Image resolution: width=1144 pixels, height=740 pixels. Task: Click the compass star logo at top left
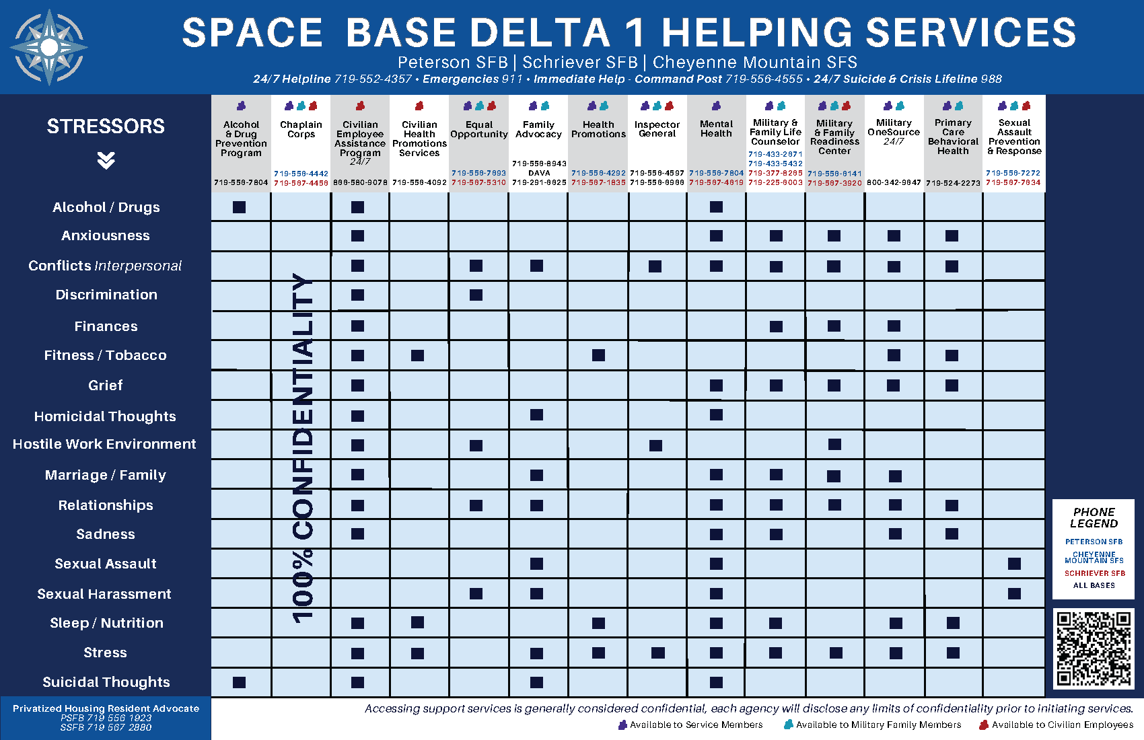tap(48, 47)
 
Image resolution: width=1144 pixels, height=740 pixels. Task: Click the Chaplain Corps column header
tap(301, 129)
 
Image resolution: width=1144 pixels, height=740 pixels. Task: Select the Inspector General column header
tap(657, 129)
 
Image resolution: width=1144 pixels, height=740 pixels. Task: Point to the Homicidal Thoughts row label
tap(105, 416)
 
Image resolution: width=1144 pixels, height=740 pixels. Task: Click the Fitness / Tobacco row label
tap(105, 355)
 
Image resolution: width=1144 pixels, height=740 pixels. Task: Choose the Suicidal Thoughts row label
tap(106, 682)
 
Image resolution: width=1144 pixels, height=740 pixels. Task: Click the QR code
tap(1094, 649)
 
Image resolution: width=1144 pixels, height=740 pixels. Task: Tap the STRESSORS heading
tap(106, 126)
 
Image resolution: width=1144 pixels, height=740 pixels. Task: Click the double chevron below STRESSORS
tap(106, 160)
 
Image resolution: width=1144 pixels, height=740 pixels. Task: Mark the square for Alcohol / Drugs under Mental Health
tap(716, 207)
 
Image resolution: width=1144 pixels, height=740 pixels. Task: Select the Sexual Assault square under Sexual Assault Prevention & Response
tap(1014, 564)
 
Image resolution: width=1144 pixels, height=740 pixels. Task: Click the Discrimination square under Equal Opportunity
tap(476, 295)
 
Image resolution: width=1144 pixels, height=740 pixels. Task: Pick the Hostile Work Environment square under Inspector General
tap(655, 445)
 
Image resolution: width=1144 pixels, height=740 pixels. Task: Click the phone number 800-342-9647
tap(894, 182)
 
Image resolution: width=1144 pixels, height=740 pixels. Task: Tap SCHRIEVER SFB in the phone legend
tap(1094, 573)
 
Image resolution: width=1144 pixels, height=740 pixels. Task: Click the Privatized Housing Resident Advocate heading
tap(106, 708)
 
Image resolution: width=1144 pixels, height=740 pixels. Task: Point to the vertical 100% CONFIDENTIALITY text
tap(302, 447)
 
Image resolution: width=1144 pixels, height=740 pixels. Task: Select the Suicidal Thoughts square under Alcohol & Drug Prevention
tap(239, 682)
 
